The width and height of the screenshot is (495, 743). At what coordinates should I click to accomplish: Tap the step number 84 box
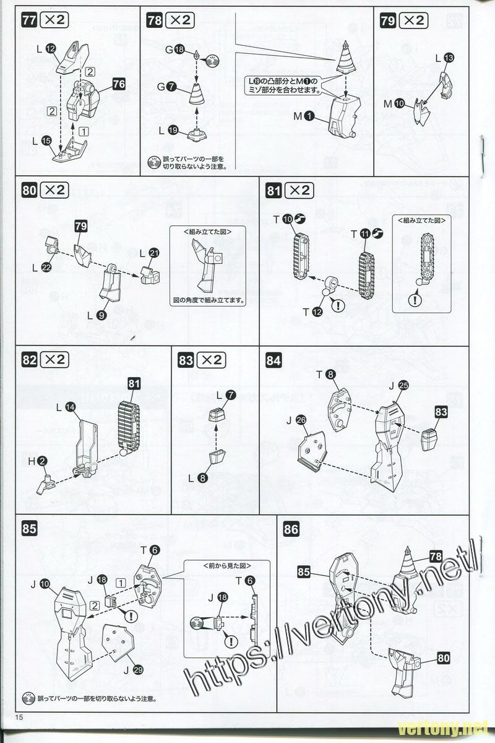coord(273,360)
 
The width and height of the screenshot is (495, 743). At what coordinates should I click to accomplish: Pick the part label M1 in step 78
coord(304,115)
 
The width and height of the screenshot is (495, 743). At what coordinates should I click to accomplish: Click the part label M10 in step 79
coord(394,103)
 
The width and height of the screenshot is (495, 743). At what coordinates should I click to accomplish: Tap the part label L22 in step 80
coord(41,267)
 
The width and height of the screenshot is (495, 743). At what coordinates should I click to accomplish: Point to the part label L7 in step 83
coord(225,394)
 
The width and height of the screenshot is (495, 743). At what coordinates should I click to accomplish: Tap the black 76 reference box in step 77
coord(119,84)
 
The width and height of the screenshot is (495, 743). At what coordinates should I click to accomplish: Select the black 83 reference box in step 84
coord(441,411)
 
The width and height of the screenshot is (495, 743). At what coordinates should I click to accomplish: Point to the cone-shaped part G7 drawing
coord(197,96)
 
